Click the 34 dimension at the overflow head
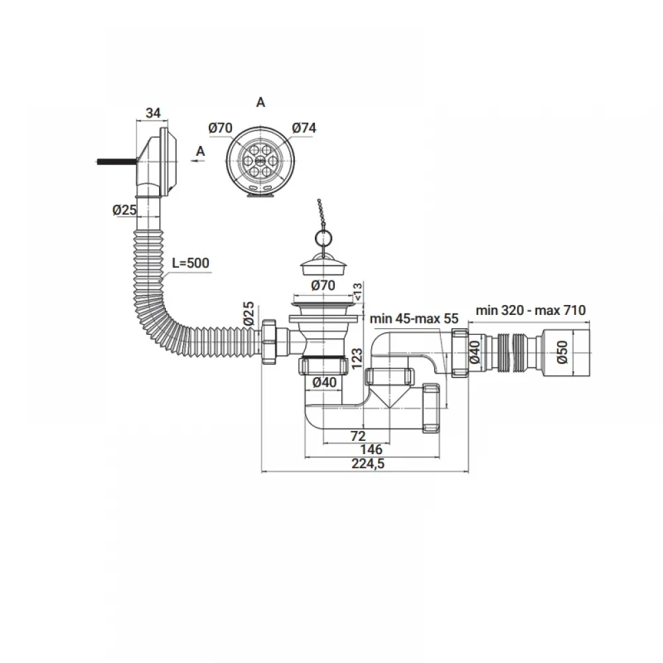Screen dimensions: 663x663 pyautogui.click(x=153, y=113)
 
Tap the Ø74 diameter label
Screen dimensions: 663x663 pyautogui.click(x=304, y=128)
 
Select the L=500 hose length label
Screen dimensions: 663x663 pyautogui.click(x=190, y=263)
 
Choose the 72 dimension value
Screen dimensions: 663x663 pyautogui.click(x=358, y=436)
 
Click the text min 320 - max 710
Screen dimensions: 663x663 pyautogui.click(x=530, y=310)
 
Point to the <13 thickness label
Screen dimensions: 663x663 pyautogui.click(x=356, y=291)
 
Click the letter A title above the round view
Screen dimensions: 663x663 pyautogui.click(x=261, y=102)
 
